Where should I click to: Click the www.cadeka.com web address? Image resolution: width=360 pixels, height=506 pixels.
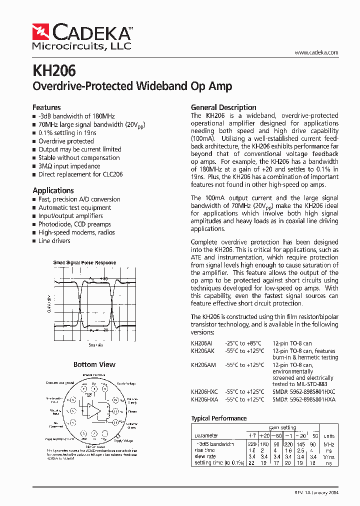pos(316,52)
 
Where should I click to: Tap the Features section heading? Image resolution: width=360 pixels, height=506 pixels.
pos(46,107)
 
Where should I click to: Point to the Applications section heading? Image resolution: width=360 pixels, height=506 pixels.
pos(53,190)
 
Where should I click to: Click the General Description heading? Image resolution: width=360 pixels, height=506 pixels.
pos(223,107)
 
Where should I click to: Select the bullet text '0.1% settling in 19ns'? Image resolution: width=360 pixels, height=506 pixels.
pos(67,133)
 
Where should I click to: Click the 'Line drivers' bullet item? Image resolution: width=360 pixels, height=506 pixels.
pos(54,241)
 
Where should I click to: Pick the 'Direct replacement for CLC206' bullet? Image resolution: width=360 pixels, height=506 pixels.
pos(80,174)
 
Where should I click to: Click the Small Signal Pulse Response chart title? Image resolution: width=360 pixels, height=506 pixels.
pos(84,262)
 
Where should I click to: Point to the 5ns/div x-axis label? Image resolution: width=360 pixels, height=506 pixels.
pos(96,345)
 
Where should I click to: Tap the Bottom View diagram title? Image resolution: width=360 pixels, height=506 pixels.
pos(94,364)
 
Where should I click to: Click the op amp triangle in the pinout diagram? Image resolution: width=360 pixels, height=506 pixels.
pos(93,411)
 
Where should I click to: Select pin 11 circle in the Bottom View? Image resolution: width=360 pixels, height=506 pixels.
pos(115,411)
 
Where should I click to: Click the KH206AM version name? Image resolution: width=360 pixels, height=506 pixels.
pos(203,365)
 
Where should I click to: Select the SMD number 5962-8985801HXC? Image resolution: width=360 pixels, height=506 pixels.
pos(304,392)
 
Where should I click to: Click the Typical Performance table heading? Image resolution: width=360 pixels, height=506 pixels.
pos(219,418)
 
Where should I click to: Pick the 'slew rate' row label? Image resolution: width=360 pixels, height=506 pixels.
pos(205,456)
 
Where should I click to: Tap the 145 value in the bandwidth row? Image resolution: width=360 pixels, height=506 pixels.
pos(300,444)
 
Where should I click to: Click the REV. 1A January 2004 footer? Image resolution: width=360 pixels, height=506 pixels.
pos(316,493)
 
